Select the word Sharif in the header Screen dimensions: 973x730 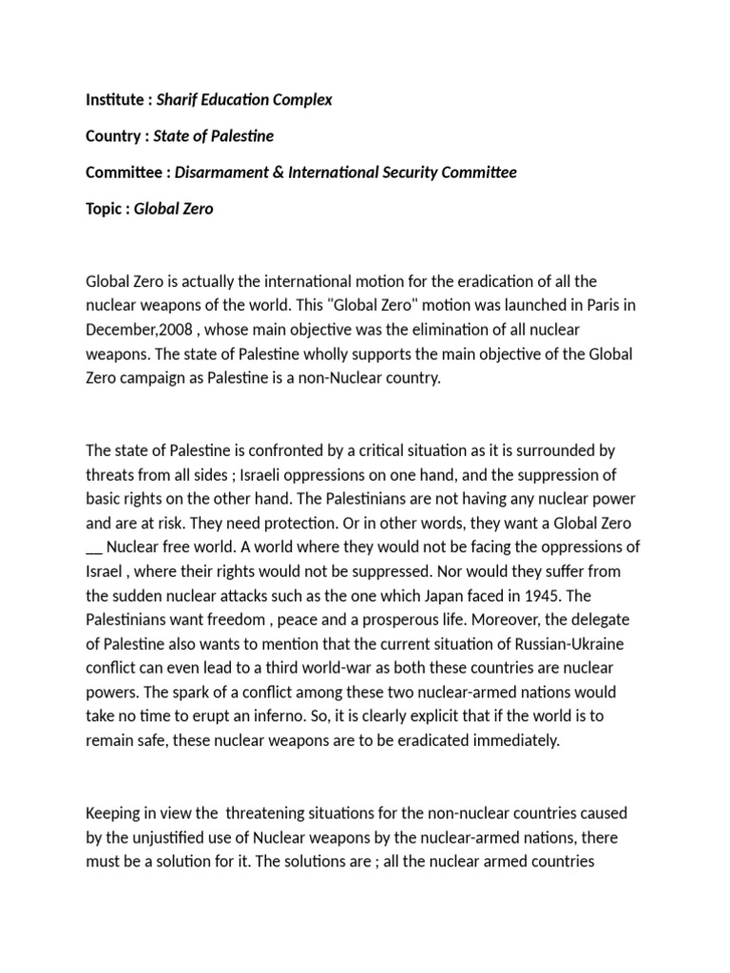pos(175,100)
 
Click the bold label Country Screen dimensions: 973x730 pos(113,136)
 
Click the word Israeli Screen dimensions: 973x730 pos(276,473)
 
